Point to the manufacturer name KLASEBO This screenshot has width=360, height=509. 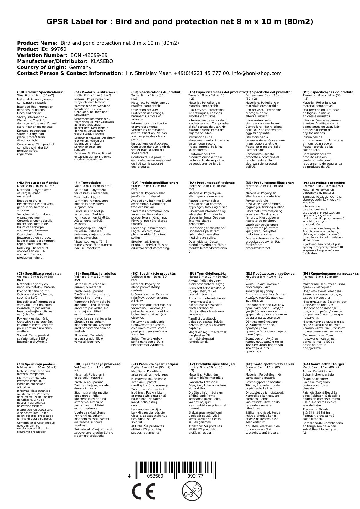coord(102,61)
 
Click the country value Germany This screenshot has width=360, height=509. coord(80,67)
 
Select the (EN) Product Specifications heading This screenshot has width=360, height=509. coord(40,92)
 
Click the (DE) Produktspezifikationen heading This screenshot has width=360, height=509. coord(96,92)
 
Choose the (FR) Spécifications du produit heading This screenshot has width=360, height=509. coord(156,92)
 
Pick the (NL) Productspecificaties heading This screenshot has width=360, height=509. coord(38,183)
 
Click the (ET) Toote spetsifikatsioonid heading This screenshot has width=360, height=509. coord(269,364)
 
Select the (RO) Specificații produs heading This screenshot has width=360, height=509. coord(36,364)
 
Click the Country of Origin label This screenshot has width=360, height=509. coord(42,67)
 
